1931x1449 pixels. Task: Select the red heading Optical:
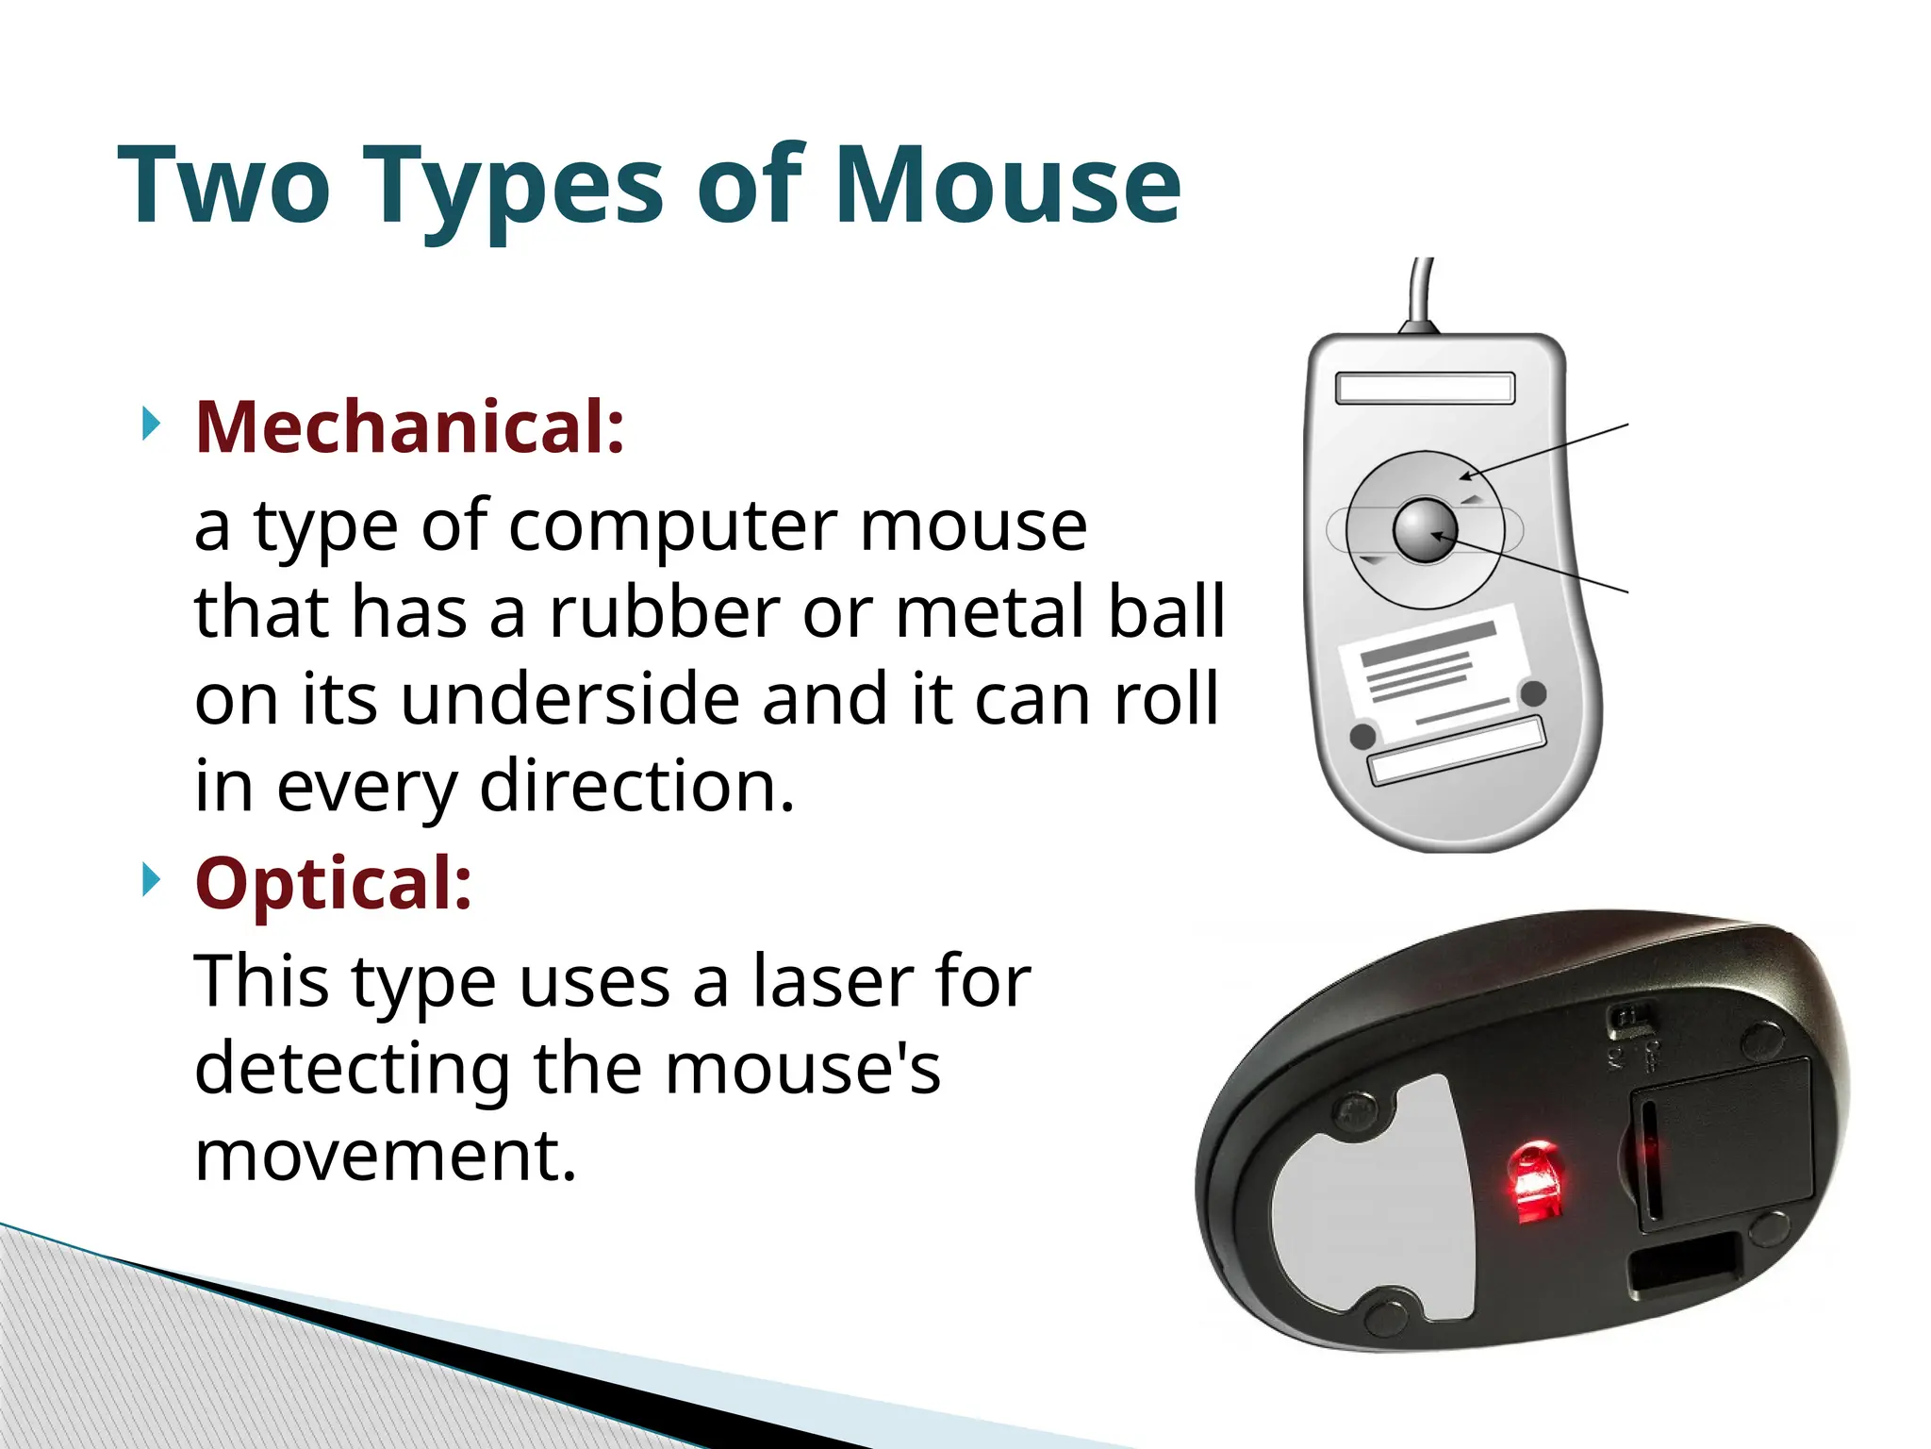pyautogui.click(x=334, y=883)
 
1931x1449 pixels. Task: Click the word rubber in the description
pyautogui.click(x=664, y=612)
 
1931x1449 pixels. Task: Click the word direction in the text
pyautogui.click(x=636, y=786)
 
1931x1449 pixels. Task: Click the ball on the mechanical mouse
pyautogui.click(x=1425, y=530)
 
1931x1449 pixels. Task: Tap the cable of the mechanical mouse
pyautogui.click(x=1423, y=292)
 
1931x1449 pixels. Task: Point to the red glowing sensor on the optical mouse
pyautogui.click(x=1535, y=1181)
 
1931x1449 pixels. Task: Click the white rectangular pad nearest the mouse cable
pyautogui.click(x=1425, y=388)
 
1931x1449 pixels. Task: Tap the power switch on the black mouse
pyautogui.click(x=1629, y=1020)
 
